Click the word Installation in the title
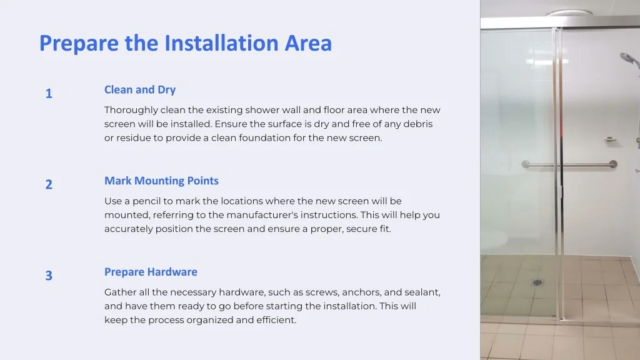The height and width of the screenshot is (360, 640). [221, 43]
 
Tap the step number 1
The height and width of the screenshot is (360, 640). [49, 94]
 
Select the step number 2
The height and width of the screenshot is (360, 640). [49, 184]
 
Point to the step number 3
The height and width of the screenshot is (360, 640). [49, 276]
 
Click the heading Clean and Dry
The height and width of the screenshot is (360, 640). [140, 90]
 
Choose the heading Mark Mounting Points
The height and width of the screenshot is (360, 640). [161, 181]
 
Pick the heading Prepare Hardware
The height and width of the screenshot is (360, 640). [151, 272]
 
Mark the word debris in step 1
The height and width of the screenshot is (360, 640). [418, 124]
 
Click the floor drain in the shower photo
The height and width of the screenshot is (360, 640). [537, 282]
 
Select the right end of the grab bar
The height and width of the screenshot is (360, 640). [613, 164]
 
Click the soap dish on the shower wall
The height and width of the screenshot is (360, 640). [611, 139]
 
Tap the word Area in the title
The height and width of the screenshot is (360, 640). [308, 43]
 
